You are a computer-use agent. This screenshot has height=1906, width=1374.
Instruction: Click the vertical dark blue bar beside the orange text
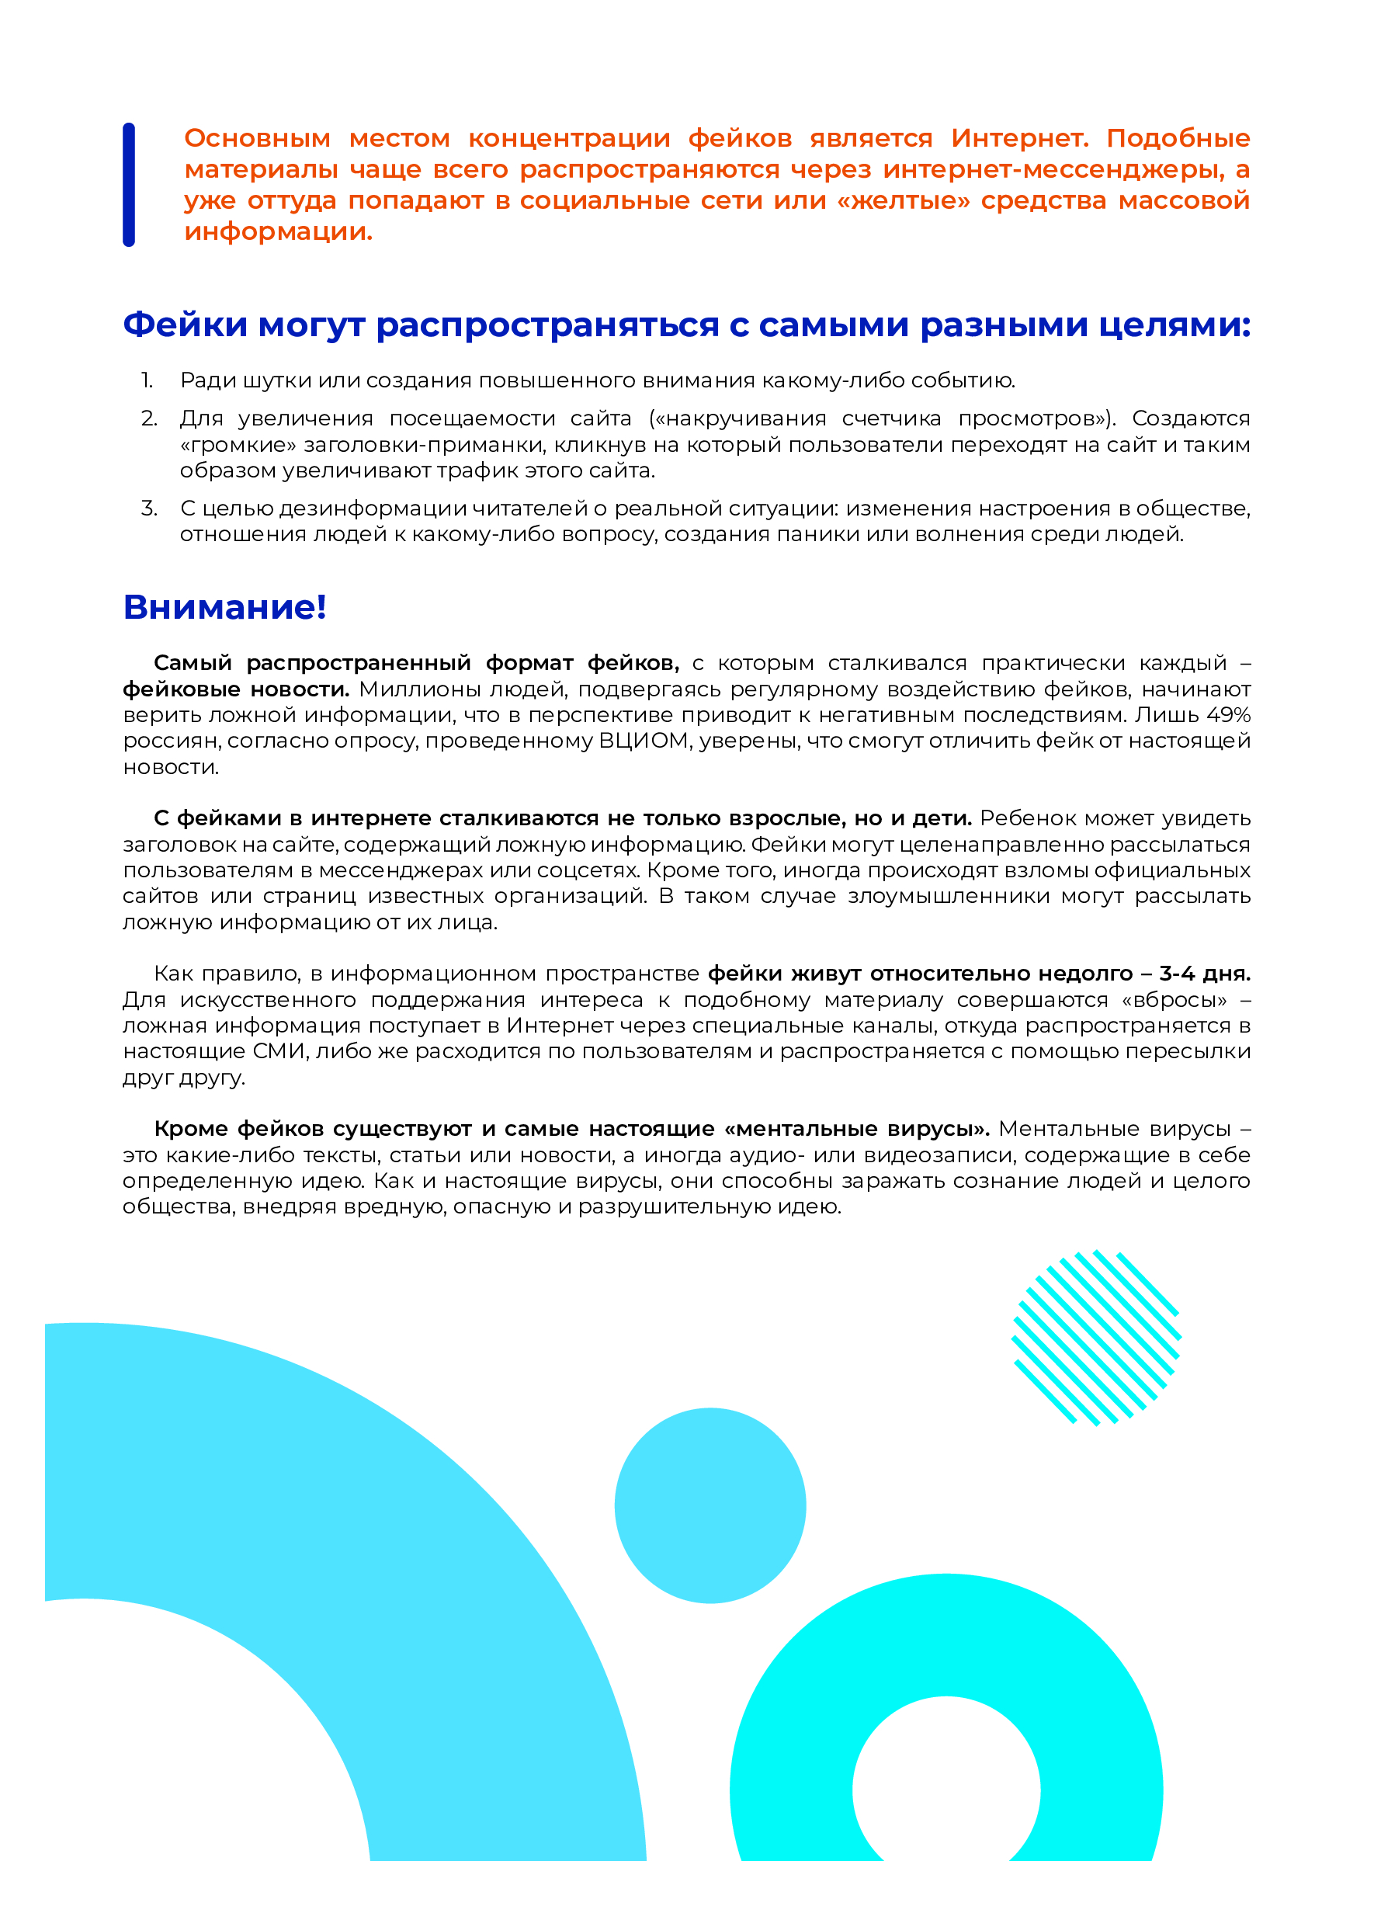(129, 185)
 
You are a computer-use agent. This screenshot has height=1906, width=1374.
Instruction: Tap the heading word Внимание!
(224, 608)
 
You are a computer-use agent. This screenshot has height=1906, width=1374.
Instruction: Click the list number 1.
(147, 380)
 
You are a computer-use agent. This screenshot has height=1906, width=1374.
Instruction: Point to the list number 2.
(149, 418)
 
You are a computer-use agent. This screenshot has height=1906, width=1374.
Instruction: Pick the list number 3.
(149, 509)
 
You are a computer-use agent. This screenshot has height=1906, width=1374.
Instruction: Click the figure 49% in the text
(1228, 715)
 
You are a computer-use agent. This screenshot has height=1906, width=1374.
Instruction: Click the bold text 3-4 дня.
(1204, 974)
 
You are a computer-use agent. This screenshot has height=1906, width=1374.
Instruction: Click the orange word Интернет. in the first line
(1019, 139)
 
